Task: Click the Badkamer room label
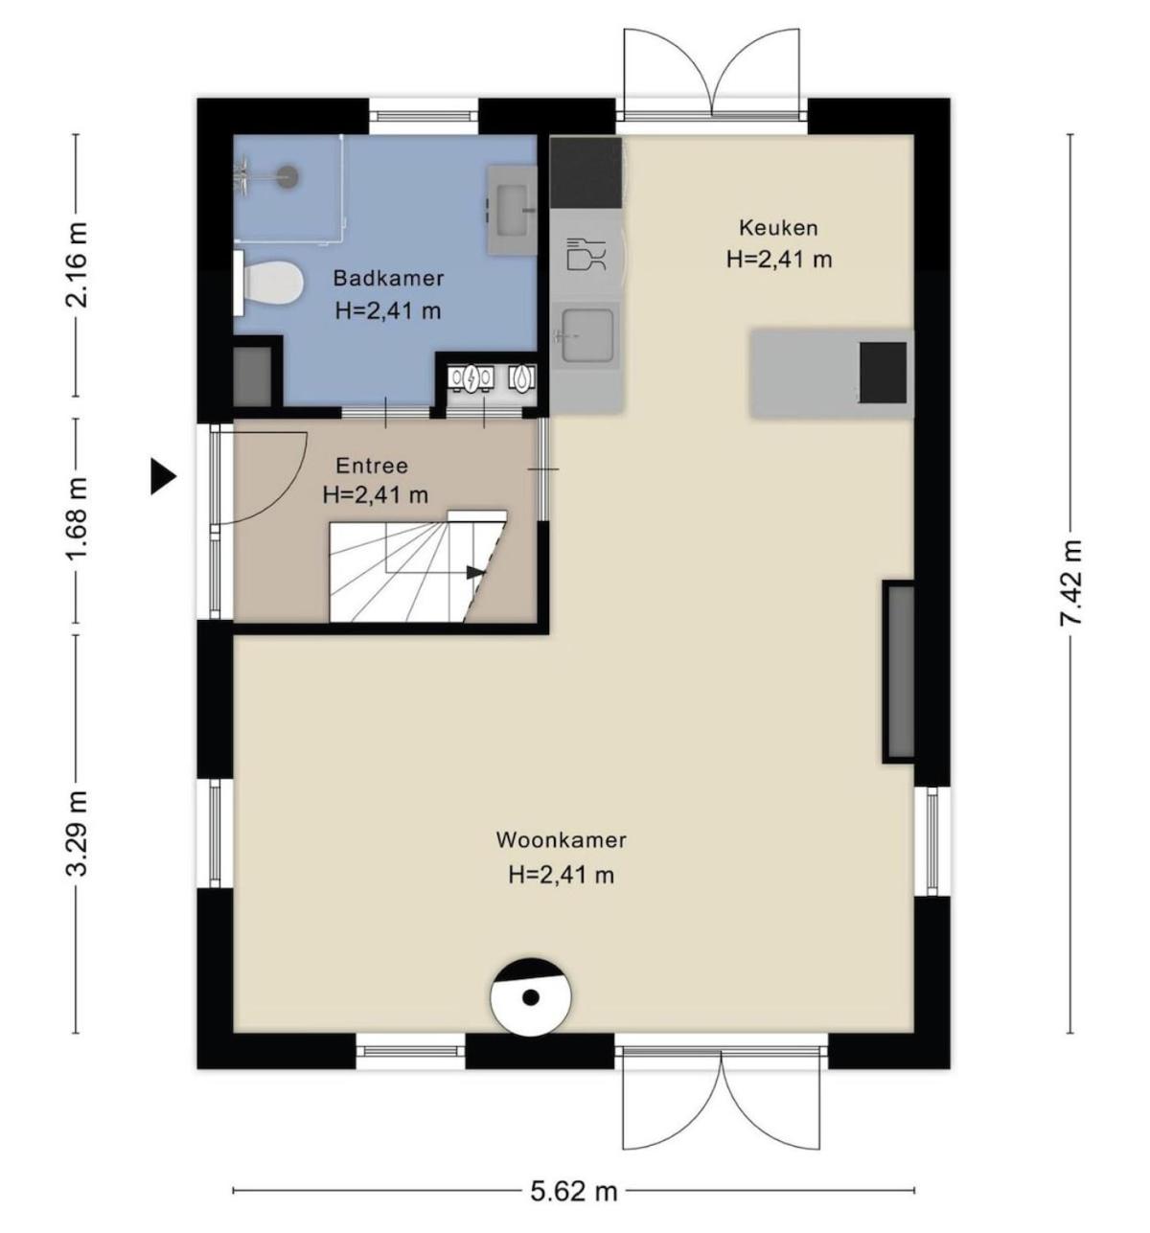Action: click(388, 278)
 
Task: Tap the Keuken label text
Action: click(777, 228)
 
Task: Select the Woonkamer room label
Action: click(561, 840)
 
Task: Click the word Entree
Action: click(372, 466)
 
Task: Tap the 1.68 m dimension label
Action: click(77, 518)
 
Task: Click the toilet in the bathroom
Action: click(268, 284)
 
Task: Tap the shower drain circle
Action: click(287, 175)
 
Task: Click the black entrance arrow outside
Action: click(164, 477)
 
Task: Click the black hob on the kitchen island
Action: click(883, 372)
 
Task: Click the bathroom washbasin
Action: click(512, 210)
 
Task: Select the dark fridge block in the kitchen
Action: click(586, 172)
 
